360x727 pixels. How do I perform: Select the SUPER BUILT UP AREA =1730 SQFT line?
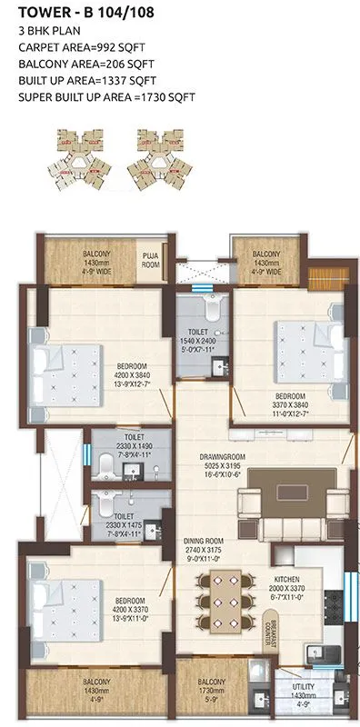[x=97, y=97]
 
